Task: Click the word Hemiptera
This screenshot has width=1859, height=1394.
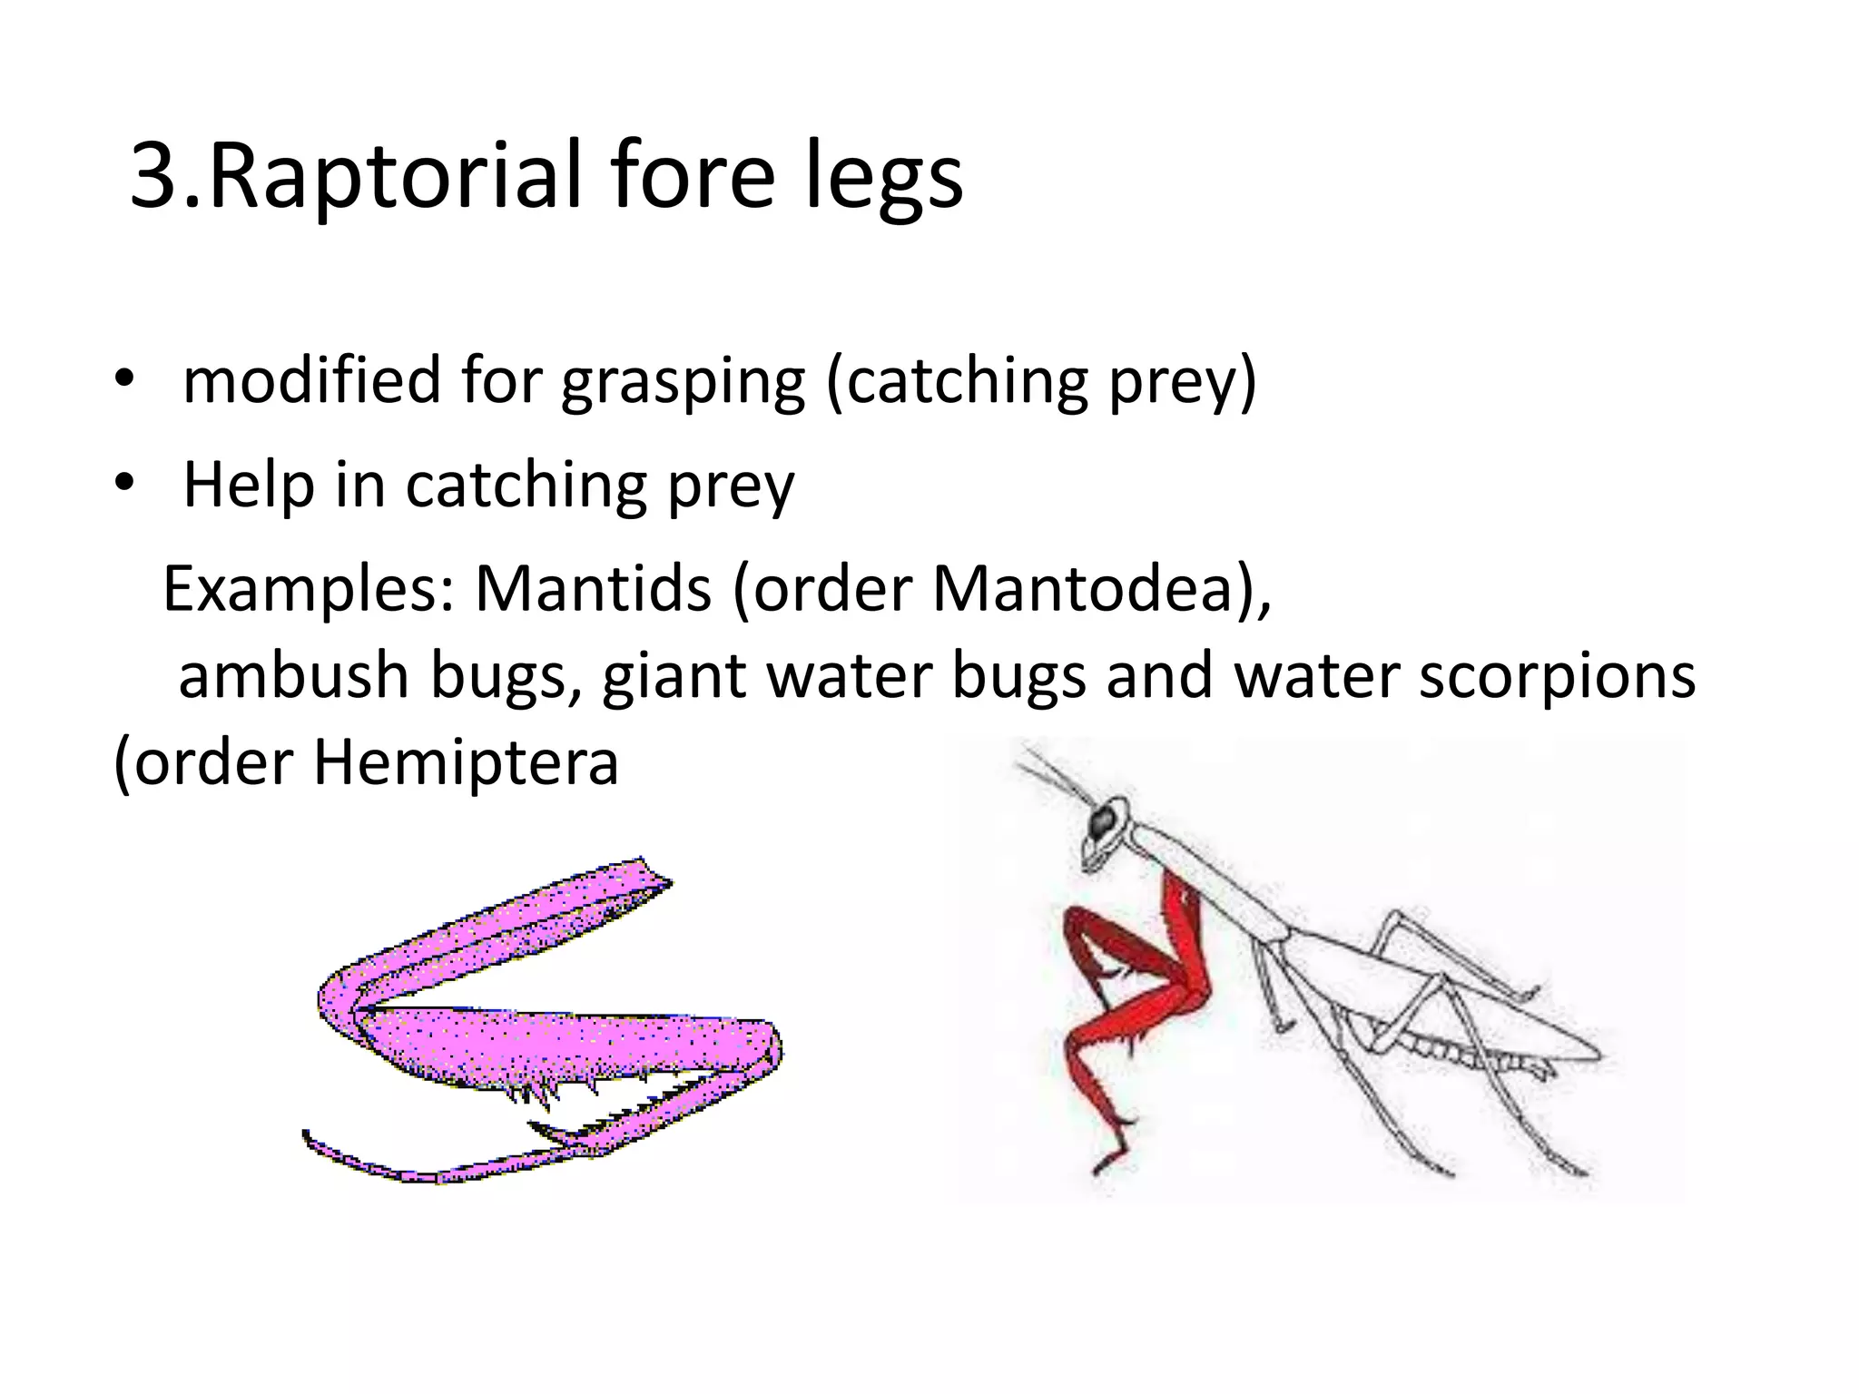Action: [x=466, y=762]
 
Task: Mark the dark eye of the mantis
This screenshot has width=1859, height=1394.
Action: [x=1104, y=821]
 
